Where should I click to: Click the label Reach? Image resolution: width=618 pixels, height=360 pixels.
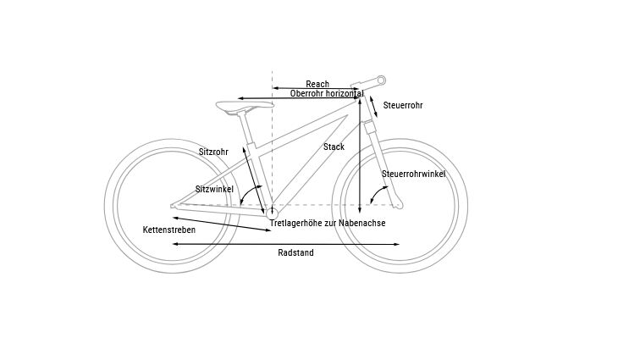click(317, 84)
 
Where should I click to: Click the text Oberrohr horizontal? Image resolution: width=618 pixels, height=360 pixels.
click(327, 93)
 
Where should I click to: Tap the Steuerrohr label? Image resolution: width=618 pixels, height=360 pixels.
click(403, 106)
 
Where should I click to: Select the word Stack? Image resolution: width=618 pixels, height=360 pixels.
click(334, 147)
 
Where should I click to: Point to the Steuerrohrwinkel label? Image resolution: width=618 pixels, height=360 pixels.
click(413, 174)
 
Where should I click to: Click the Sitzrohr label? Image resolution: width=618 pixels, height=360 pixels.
click(213, 152)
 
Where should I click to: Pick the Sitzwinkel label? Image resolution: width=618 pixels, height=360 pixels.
click(214, 189)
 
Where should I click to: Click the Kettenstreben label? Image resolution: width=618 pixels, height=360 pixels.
click(169, 230)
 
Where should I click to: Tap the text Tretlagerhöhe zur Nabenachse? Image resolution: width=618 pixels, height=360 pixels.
click(327, 223)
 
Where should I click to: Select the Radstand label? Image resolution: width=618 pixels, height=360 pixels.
click(295, 252)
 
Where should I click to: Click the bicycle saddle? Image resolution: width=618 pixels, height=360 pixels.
click(245, 106)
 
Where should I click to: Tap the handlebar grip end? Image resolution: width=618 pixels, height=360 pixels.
click(380, 80)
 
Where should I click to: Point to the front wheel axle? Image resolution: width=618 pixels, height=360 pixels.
click(400, 204)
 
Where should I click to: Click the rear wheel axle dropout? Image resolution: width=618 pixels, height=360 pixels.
click(174, 204)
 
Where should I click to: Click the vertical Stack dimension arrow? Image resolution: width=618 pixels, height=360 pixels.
click(361, 152)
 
